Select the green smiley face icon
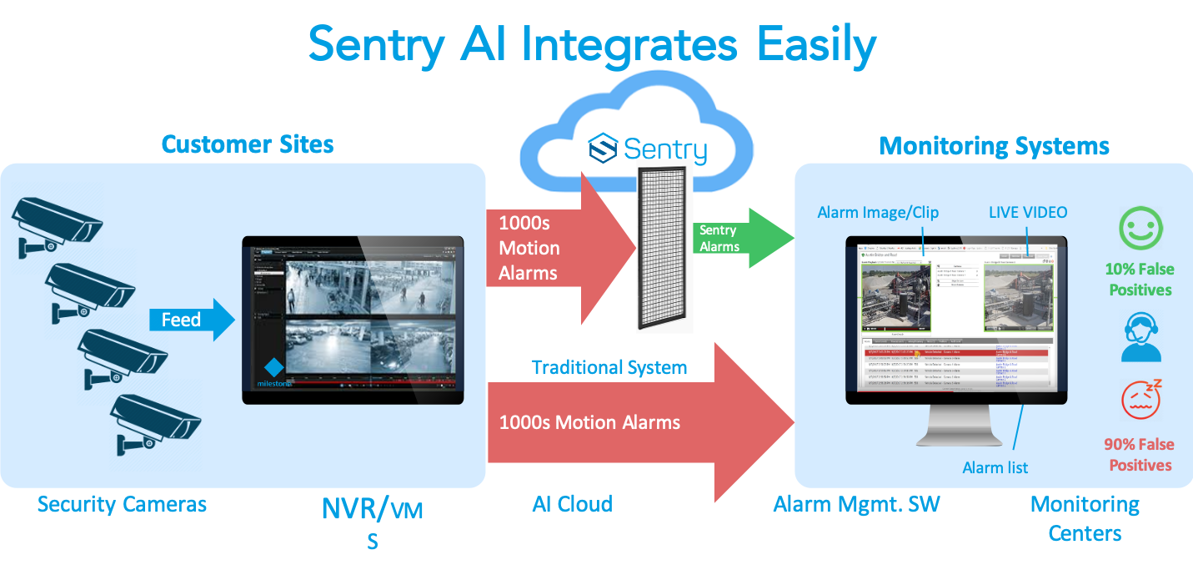[1140, 228]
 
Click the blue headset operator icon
[1140, 336]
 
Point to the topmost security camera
[55, 220]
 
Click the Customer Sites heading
[248, 144]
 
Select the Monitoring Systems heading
[995, 147]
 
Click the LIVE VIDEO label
[1027, 212]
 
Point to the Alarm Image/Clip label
[878, 212]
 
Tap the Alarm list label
[995, 467]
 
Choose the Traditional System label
[609, 367]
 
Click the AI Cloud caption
[572, 504]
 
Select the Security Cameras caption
[122, 504]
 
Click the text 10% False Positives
[1140, 280]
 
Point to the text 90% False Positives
[1140, 455]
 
